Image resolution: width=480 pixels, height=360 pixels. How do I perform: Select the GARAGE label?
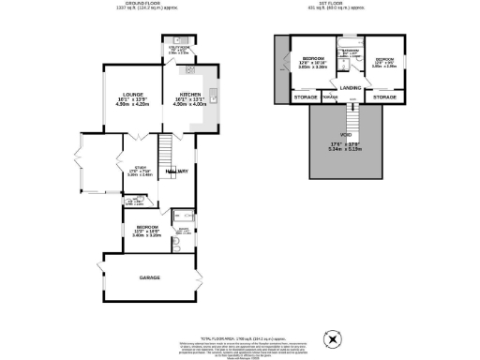[x=150, y=278]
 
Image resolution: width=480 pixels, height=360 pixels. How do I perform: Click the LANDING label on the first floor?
[x=352, y=88]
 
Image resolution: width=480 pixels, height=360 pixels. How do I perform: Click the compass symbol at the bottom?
[x=330, y=338]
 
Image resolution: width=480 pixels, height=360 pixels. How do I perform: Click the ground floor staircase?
[x=165, y=150]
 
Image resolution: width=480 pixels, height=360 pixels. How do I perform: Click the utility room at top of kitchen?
[x=180, y=53]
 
